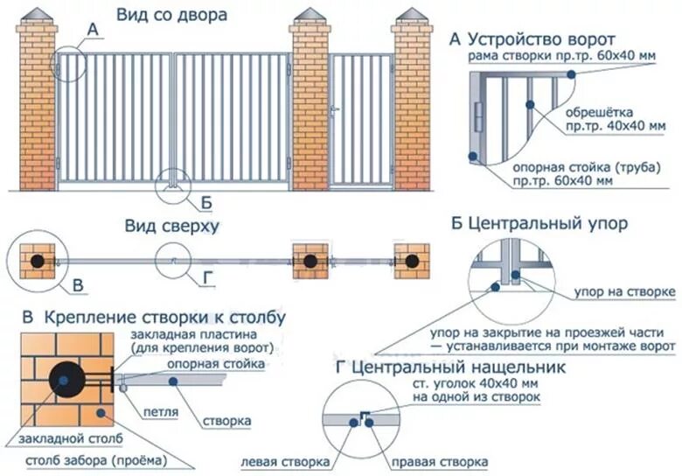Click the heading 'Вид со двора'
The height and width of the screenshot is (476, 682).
(172, 15)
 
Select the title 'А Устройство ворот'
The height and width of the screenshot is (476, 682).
(532, 39)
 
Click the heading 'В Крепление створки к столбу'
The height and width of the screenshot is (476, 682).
(143, 316)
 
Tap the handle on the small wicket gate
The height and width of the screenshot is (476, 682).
(334, 110)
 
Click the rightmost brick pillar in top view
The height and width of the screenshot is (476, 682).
(411, 261)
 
